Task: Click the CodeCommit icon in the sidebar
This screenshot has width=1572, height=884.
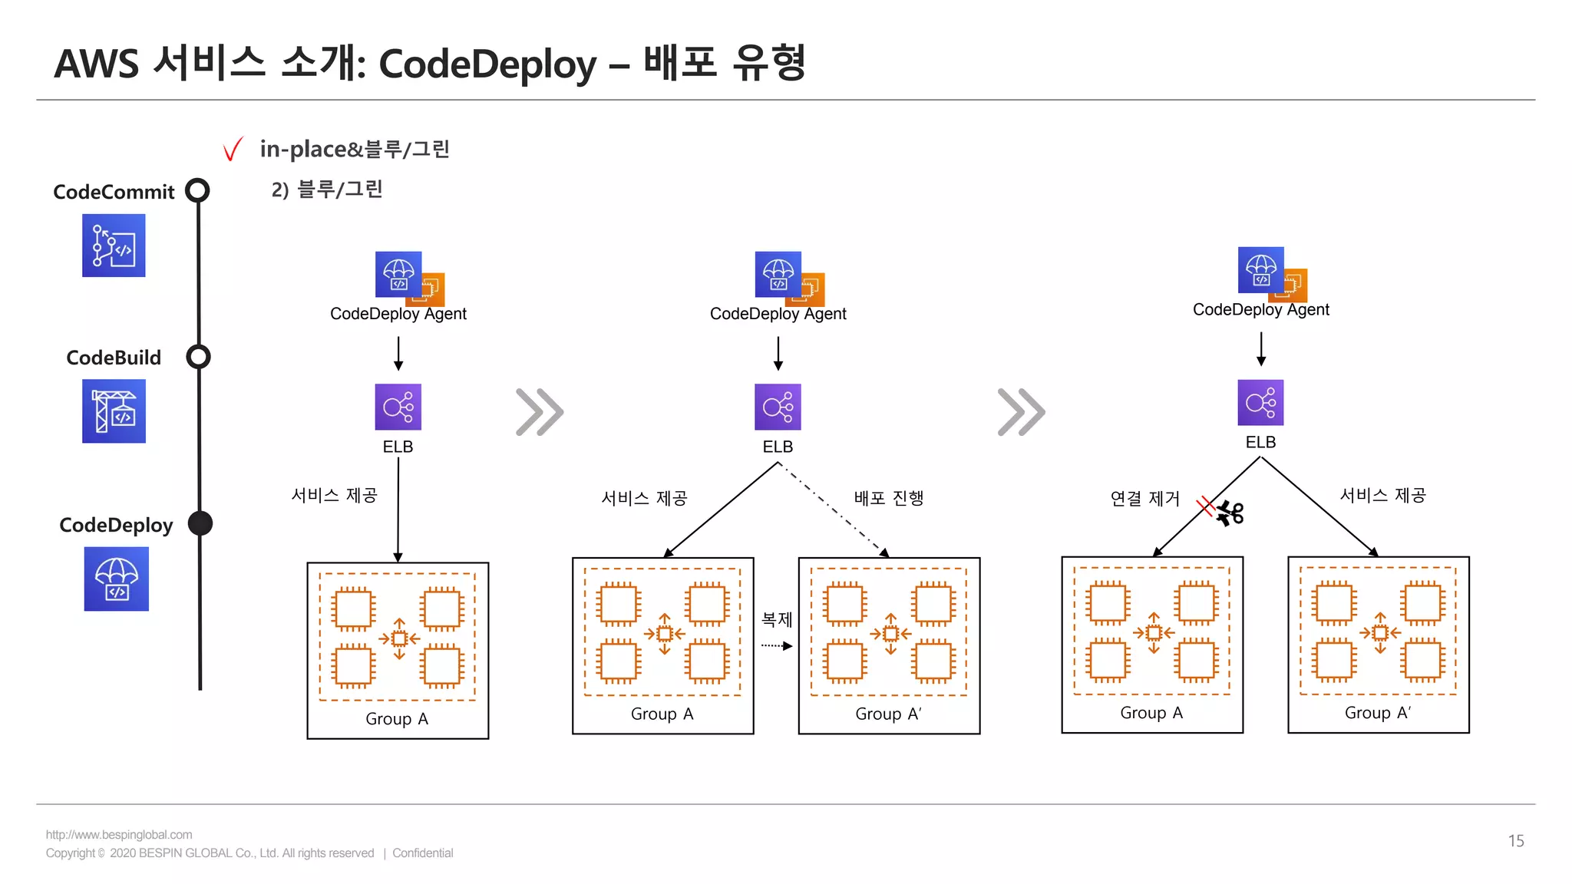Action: pyautogui.click(x=114, y=246)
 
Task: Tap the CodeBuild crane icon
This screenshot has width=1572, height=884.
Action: pyautogui.click(x=114, y=411)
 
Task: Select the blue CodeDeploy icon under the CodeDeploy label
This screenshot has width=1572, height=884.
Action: pyautogui.click(x=116, y=579)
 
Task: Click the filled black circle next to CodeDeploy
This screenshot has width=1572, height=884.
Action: pyautogui.click(x=200, y=523)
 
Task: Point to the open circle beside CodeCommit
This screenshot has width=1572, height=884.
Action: pyautogui.click(x=198, y=190)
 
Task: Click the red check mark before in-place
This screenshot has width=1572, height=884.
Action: pyautogui.click(x=233, y=149)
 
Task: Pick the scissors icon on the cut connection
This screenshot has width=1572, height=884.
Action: pyautogui.click(x=1230, y=513)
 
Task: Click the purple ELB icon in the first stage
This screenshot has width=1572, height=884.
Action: pyautogui.click(x=398, y=407)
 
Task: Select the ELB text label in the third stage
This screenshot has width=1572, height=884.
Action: pyautogui.click(x=1260, y=443)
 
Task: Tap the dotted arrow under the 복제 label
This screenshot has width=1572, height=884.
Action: pyautogui.click(x=776, y=646)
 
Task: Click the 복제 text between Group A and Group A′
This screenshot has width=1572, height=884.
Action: pyautogui.click(x=776, y=619)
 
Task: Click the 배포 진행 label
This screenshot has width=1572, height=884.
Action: pyautogui.click(x=889, y=498)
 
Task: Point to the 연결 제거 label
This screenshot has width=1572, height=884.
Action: pyautogui.click(x=1144, y=499)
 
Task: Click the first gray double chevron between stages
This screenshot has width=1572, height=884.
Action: pyautogui.click(x=540, y=412)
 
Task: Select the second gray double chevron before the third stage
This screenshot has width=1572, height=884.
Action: pyautogui.click(x=1021, y=412)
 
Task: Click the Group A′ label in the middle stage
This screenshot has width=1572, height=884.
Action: pyautogui.click(x=888, y=714)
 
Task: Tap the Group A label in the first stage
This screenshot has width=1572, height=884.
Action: pyautogui.click(x=397, y=719)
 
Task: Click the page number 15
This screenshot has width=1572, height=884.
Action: pyautogui.click(x=1515, y=841)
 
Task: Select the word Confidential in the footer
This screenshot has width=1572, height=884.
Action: pyautogui.click(x=423, y=853)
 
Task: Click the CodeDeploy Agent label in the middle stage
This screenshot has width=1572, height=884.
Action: pyautogui.click(x=778, y=314)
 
